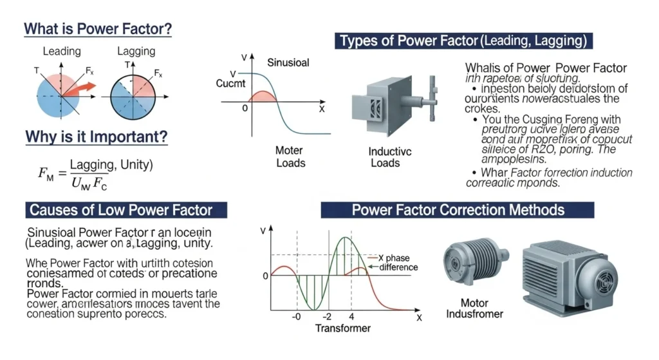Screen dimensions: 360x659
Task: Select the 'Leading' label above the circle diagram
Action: click(62, 51)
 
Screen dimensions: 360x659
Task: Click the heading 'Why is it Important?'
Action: click(97, 137)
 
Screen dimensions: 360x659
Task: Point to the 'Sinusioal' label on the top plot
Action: click(288, 62)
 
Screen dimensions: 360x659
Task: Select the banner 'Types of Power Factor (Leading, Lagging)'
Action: click(463, 42)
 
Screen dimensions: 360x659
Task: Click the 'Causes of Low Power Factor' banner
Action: click(128, 209)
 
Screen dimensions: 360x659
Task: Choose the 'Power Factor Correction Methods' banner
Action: click(458, 209)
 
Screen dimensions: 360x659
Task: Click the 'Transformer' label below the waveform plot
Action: click(343, 328)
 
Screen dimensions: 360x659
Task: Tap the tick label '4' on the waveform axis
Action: click(351, 317)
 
